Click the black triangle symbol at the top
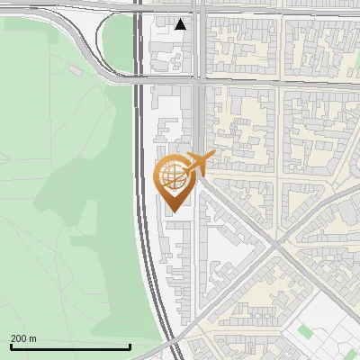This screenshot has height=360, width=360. (x=181, y=24)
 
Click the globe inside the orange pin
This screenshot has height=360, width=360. (x=172, y=175)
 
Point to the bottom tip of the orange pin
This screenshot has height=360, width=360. (x=172, y=211)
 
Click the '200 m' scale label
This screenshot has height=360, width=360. (x=23, y=338)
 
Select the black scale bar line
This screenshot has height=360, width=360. (x=70, y=346)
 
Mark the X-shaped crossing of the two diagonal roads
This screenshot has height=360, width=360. (x=274, y=247)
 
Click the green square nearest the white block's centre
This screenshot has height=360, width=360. (x=305, y=332)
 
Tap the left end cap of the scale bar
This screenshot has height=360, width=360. (x=10, y=346)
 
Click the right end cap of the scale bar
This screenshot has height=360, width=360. (x=130, y=346)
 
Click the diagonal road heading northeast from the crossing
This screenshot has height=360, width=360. (x=315, y=212)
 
